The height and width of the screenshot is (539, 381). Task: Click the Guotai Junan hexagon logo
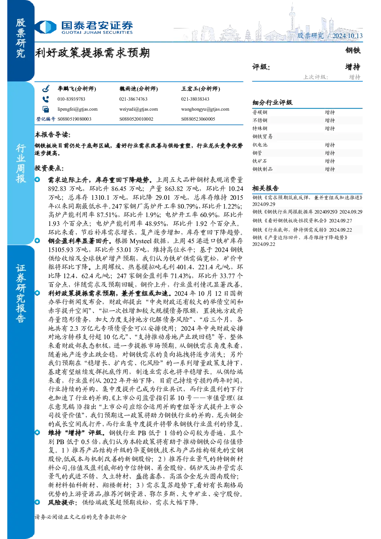46,27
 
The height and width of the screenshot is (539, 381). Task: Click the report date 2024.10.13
347,36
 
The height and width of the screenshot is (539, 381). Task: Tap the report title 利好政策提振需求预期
92,53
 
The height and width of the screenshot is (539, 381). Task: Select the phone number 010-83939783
71,99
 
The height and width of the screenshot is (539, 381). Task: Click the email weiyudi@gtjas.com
139,109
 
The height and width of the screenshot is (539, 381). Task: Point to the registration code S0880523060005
198,119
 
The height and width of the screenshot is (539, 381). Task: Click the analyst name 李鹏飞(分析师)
77,89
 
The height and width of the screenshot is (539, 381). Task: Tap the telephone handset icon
46,99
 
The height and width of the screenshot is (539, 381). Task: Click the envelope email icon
46,109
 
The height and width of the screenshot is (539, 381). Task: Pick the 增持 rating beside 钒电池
330,145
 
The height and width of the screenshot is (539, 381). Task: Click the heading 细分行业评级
272,103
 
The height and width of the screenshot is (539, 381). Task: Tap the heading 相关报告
265,188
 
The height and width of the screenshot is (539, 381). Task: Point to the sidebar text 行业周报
21,164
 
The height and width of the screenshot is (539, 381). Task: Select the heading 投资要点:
49,168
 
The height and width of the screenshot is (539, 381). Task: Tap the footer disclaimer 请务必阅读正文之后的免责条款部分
81,517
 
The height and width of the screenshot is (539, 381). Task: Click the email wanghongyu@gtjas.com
205,109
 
